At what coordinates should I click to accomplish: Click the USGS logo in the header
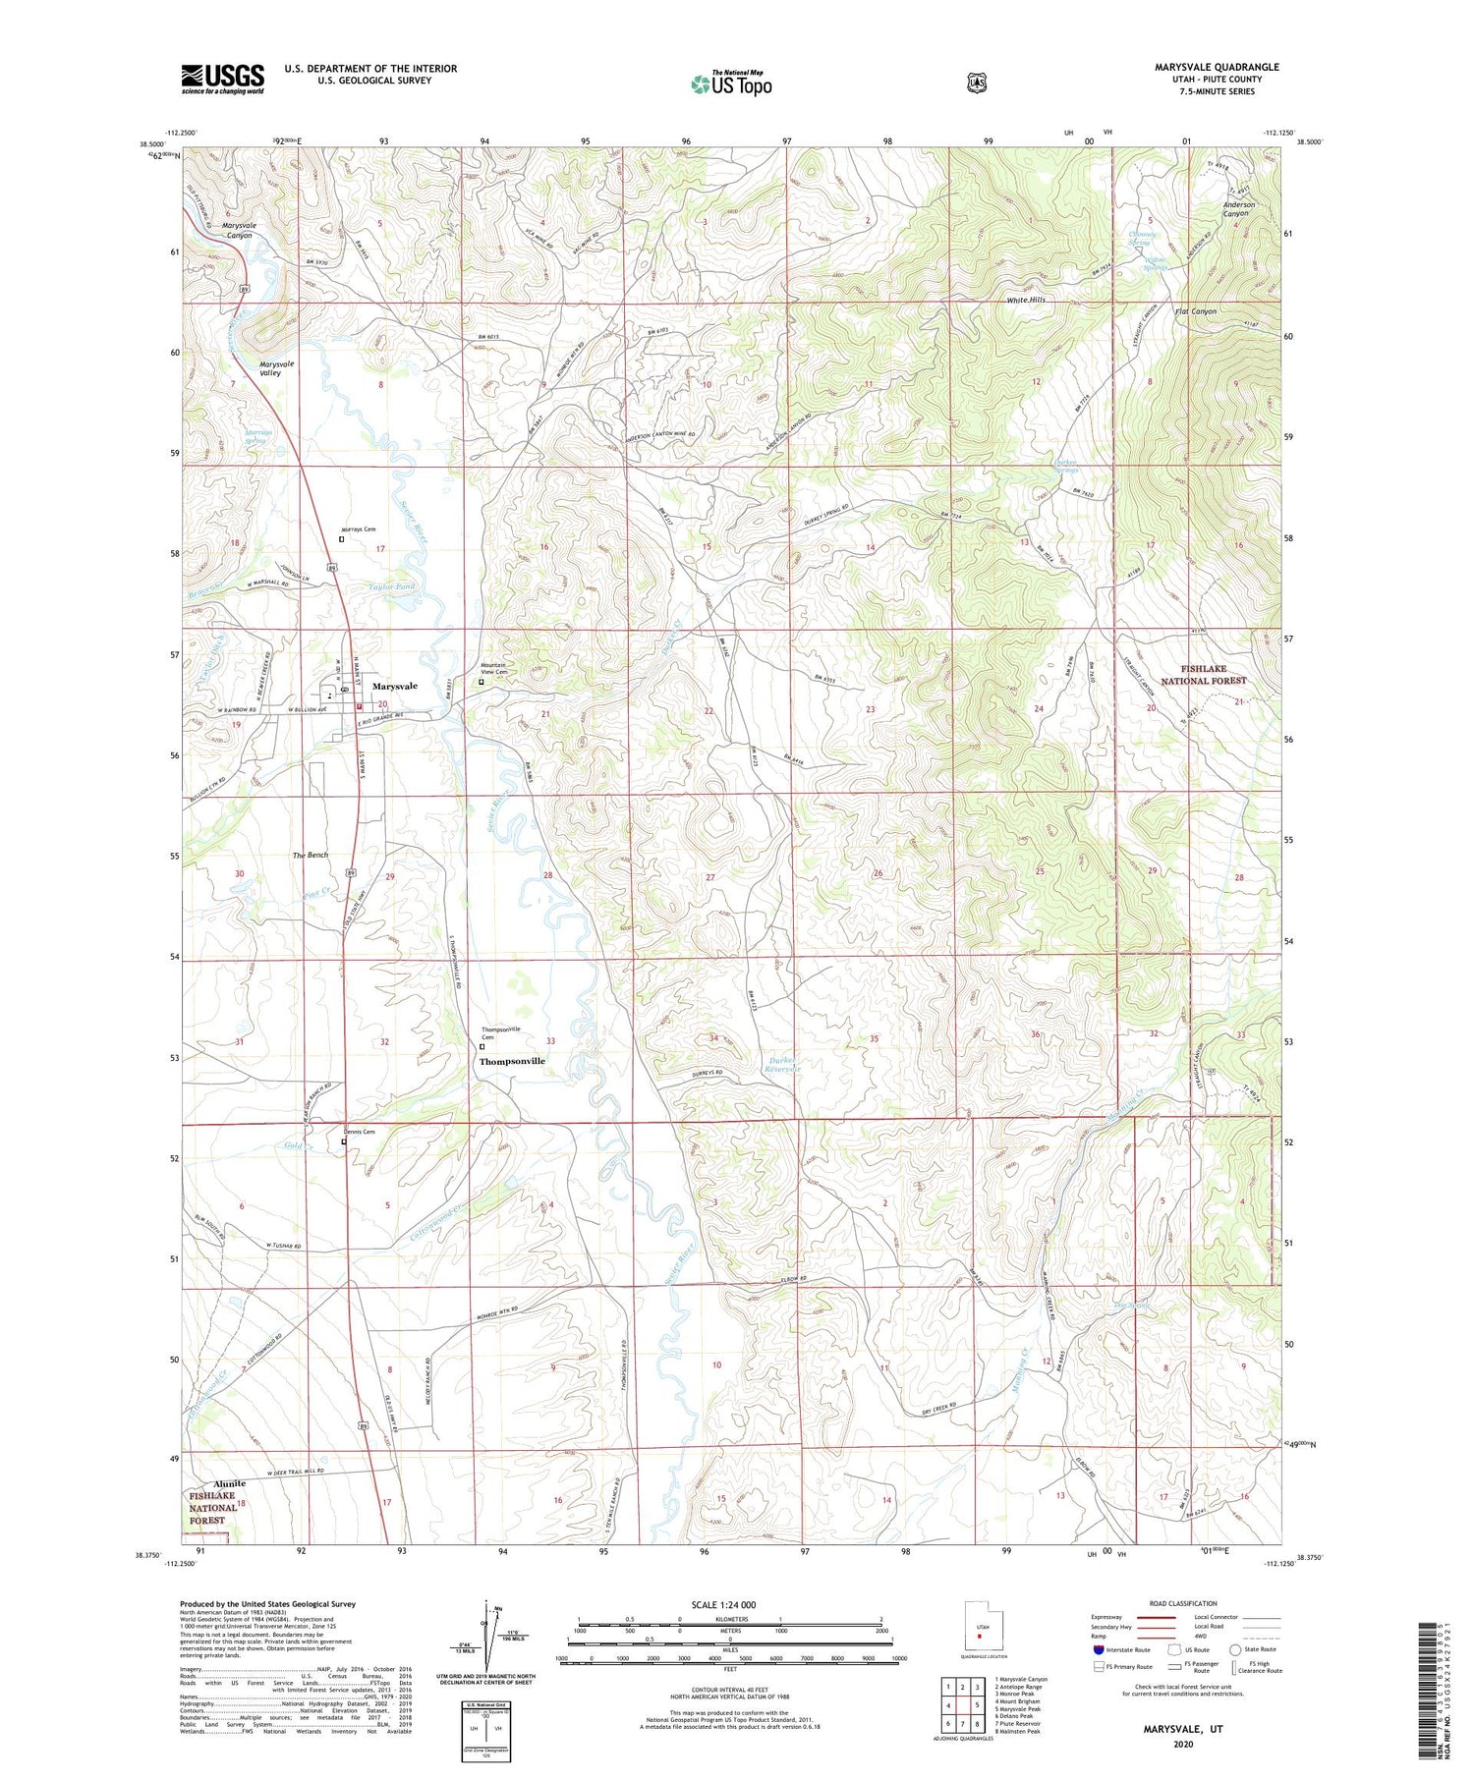click(222, 79)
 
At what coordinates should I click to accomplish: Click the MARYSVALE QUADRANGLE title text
click(1217, 67)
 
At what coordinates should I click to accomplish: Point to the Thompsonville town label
click(511, 1062)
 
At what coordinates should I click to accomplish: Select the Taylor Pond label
click(391, 586)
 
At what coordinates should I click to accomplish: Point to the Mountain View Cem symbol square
click(482, 682)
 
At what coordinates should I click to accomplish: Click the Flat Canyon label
click(1195, 311)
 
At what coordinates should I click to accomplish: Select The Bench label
click(311, 856)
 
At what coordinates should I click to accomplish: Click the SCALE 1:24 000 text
click(730, 1605)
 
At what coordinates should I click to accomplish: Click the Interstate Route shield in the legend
click(1098, 1649)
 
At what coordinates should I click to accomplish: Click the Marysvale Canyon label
click(239, 230)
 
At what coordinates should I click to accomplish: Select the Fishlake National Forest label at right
click(1203, 674)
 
